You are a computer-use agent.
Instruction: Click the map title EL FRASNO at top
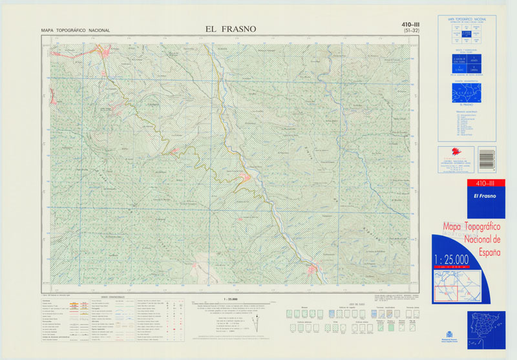point(230,29)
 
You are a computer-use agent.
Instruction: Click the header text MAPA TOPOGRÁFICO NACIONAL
point(75,30)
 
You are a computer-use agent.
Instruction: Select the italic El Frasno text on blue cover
point(484,196)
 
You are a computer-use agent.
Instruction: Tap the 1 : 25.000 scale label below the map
point(229,299)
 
